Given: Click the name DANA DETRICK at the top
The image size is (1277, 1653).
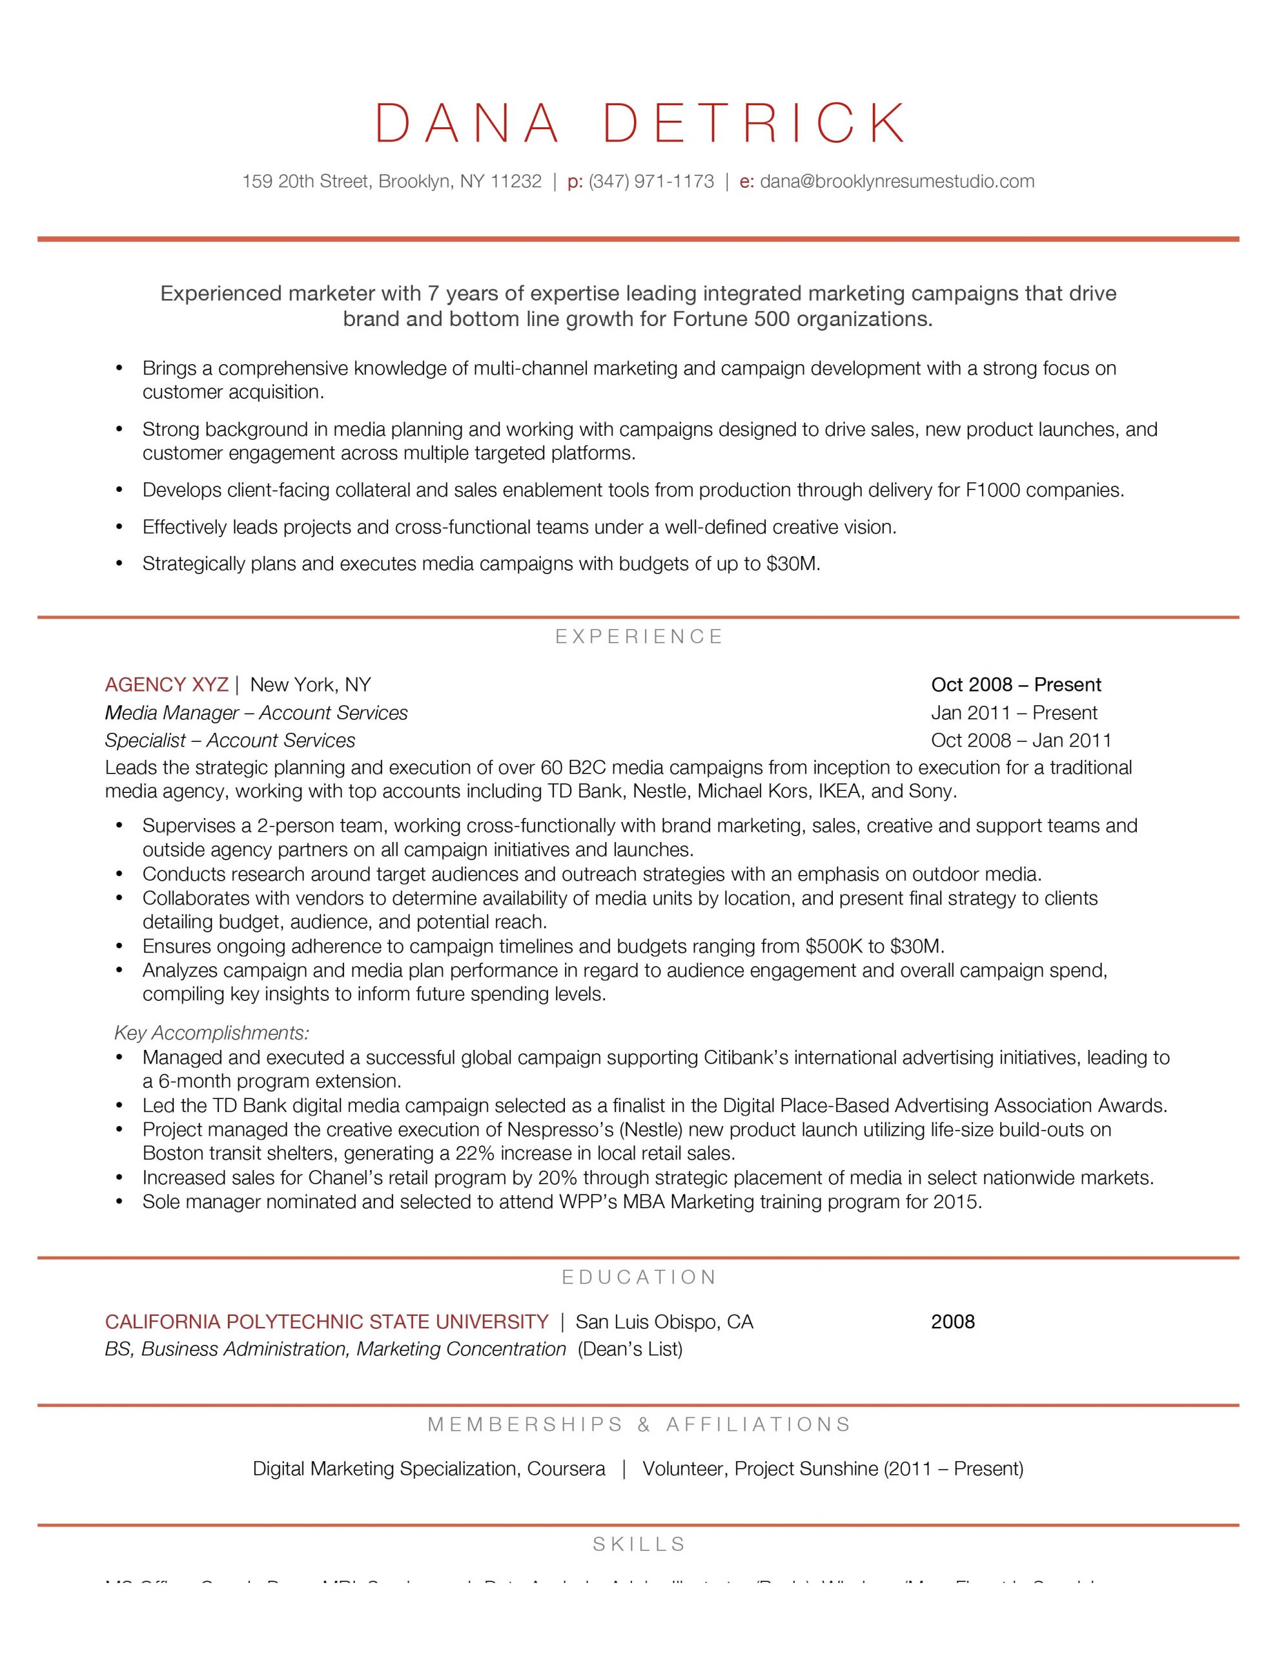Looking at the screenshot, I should pos(640,123).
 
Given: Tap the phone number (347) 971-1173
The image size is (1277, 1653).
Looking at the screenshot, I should pos(651,181).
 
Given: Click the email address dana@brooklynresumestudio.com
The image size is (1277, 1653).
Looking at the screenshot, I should pos(897,181).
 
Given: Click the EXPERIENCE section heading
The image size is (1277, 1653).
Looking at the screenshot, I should pos(640,637).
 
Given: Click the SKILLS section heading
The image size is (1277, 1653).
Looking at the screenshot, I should pos(640,1544).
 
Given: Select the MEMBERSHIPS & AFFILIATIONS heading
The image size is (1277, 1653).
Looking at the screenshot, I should pos(640,1424).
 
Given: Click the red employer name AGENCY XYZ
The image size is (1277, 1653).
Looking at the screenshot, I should pos(167,685).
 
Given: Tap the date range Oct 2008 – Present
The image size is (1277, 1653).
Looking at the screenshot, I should pos(1016,685).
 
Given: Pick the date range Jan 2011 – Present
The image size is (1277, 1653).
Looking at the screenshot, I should pos(1014,713).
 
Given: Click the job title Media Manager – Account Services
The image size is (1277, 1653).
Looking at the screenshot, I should pos(256,713).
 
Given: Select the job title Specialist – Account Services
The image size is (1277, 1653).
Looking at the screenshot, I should pos(230,740).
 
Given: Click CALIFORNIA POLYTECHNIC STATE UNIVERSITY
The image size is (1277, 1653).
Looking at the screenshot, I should pos(326,1322).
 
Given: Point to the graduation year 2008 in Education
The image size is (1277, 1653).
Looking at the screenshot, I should pos(953,1322).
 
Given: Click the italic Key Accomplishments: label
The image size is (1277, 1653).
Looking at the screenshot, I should pos(212,1033).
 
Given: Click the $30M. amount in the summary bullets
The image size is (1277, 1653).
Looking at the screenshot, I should pos(793,564).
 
